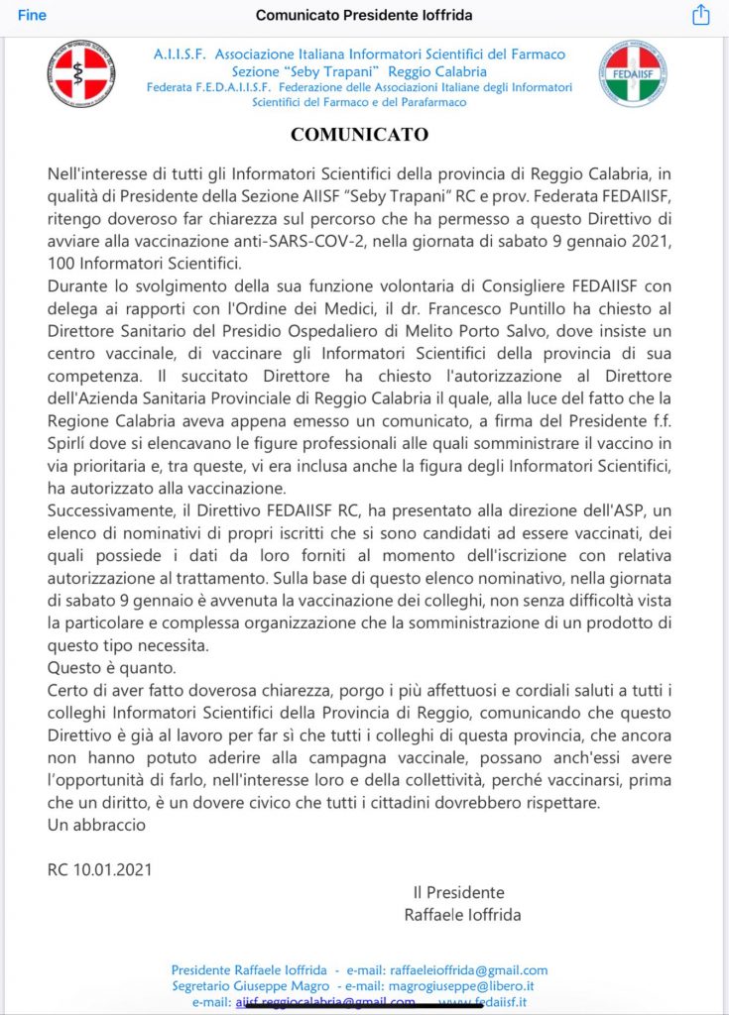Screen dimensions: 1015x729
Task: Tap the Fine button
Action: pyautogui.click(x=32, y=15)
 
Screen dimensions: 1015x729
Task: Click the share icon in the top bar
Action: pyautogui.click(x=700, y=15)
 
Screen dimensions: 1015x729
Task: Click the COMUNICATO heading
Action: pyautogui.click(x=359, y=134)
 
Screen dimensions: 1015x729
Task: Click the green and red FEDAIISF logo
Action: pyautogui.click(x=633, y=73)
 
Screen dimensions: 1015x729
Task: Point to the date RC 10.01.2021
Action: pyautogui.click(x=100, y=870)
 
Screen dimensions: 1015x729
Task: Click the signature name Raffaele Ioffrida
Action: pyautogui.click(x=462, y=914)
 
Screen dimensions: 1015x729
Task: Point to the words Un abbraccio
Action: pyautogui.click(x=96, y=824)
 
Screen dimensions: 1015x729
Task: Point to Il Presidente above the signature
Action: pyautogui.click(x=458, y=892)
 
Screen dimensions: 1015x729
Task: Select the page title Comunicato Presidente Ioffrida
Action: pyautogui.click(x=364, y=15)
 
